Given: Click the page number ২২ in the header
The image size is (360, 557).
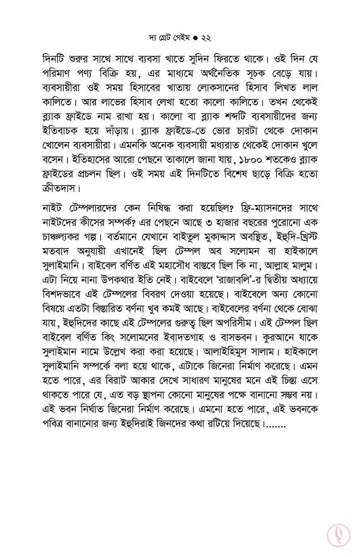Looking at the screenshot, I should [206, 38].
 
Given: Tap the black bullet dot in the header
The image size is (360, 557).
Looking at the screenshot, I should [195, 38].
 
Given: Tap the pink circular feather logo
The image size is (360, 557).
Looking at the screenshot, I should [338, 534].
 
